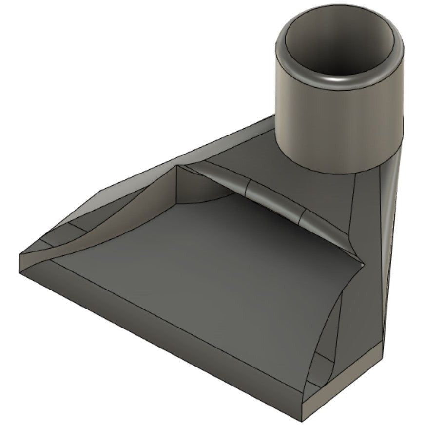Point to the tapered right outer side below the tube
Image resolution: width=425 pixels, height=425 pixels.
click(390, 244)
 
